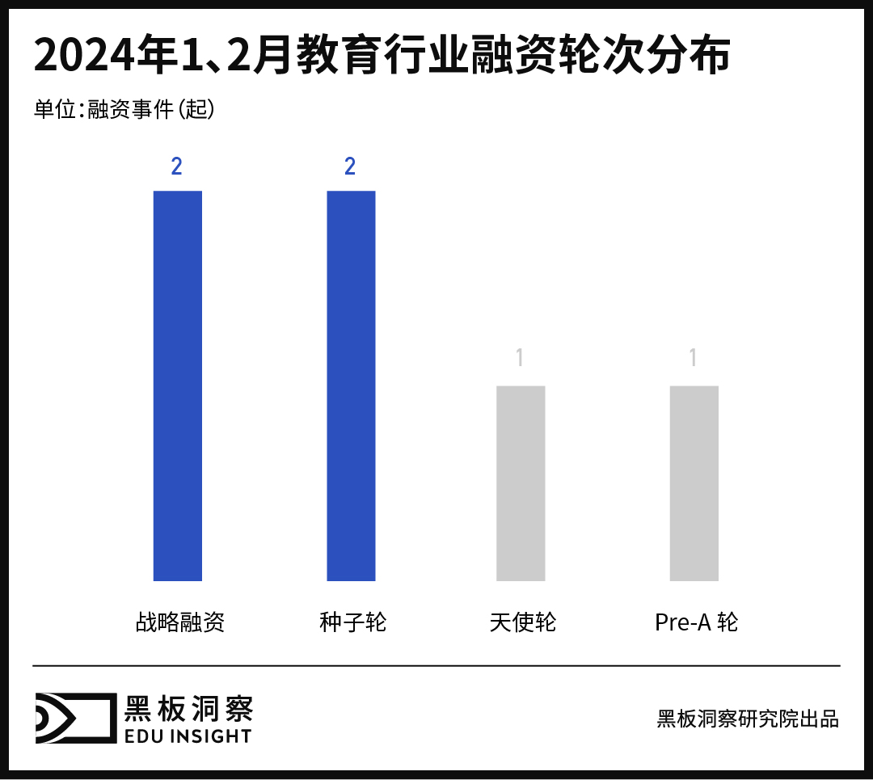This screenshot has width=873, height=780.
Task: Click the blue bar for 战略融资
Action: point(177,386)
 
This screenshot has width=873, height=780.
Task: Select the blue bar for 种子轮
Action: point(351,386)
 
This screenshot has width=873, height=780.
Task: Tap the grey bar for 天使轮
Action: point(521,483)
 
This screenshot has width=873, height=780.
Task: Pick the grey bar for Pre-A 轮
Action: point(694,483)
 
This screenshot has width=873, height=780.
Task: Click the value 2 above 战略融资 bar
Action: point(176,167)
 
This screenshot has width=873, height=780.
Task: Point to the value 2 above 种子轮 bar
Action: point(350,167)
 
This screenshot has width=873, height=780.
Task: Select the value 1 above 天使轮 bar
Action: point(520,357)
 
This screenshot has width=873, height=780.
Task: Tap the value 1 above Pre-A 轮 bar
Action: point(693,357)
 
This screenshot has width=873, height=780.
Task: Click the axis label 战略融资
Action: point(179,622)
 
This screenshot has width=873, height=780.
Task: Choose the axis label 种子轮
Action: point(353,622)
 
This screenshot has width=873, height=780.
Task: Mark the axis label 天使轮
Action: point(523,622)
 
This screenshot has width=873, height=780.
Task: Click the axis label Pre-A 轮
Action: point(696,622)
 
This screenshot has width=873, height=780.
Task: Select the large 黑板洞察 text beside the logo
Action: point(188,708)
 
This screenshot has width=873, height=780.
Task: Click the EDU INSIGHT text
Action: point(188,736)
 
